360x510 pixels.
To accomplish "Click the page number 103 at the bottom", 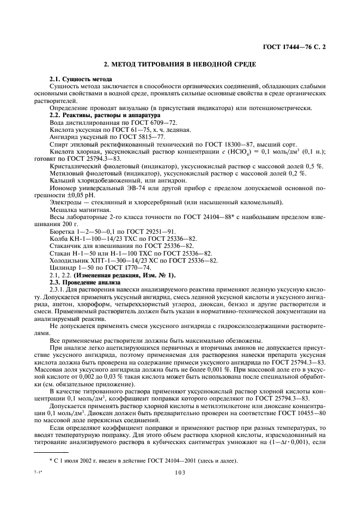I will pos(180,474).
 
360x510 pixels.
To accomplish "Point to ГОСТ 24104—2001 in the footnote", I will pos(156,461).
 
